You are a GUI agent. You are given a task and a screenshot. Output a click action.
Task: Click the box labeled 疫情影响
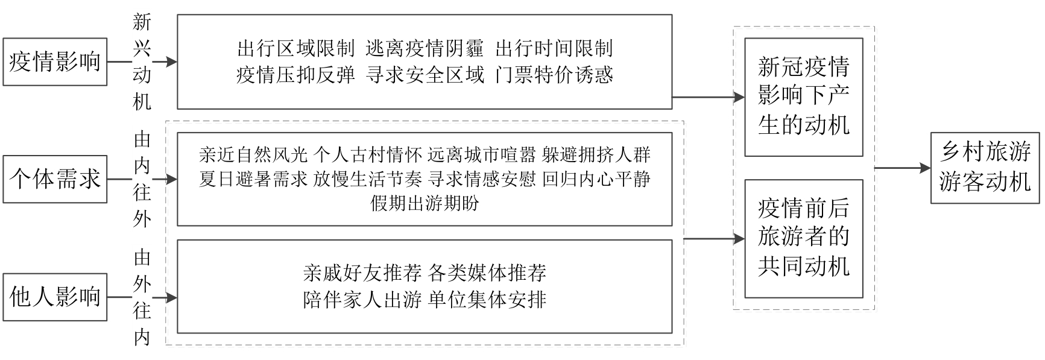[x=55, y=62]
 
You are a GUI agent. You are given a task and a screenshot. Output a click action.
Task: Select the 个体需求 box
[x=55, y=179]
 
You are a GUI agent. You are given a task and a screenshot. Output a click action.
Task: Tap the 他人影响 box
[x=55, y=297]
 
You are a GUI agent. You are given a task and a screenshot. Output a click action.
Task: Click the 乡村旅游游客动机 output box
[x=985, y=168]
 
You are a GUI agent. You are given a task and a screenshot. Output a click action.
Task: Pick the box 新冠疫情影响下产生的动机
[x=803, y=97]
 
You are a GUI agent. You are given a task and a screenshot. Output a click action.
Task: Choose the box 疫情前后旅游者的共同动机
[x=803, y=238]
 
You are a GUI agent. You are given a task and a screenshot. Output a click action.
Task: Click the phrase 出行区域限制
[x=295, y=48]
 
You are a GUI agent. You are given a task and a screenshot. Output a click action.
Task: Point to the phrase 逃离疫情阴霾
[x=425, y=48]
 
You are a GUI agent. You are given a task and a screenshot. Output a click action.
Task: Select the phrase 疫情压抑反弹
[x=295, y=75]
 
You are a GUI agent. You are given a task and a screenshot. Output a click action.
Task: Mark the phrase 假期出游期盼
[x=425, y=203]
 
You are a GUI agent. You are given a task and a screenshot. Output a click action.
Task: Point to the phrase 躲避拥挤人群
[x=596, y=155]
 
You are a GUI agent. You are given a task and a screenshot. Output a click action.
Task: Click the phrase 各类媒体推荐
[x=487, y=273]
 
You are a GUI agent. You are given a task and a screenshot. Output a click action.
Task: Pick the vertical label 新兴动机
[x=142, y=62]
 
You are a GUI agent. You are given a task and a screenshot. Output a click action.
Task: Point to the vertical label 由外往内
[x=142, y=298]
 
